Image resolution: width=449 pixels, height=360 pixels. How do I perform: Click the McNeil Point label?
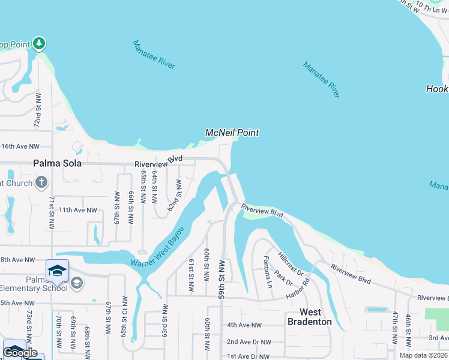[232, 133]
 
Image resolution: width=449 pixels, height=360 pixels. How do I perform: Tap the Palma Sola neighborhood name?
[58, 163]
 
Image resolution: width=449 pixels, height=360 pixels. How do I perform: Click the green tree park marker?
[39, 43]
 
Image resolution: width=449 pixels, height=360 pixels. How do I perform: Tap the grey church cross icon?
[41, 182]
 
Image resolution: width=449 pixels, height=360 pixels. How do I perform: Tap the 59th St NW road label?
[221, 280]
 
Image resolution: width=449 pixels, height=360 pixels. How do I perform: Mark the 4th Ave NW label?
[244, 325]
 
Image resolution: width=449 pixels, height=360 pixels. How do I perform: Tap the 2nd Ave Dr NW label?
[249, 342]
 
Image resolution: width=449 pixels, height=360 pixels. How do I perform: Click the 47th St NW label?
[396, 327]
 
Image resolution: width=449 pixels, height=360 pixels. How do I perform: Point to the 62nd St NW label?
[173, 196]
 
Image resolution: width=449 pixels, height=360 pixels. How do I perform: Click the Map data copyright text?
[424, 355]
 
